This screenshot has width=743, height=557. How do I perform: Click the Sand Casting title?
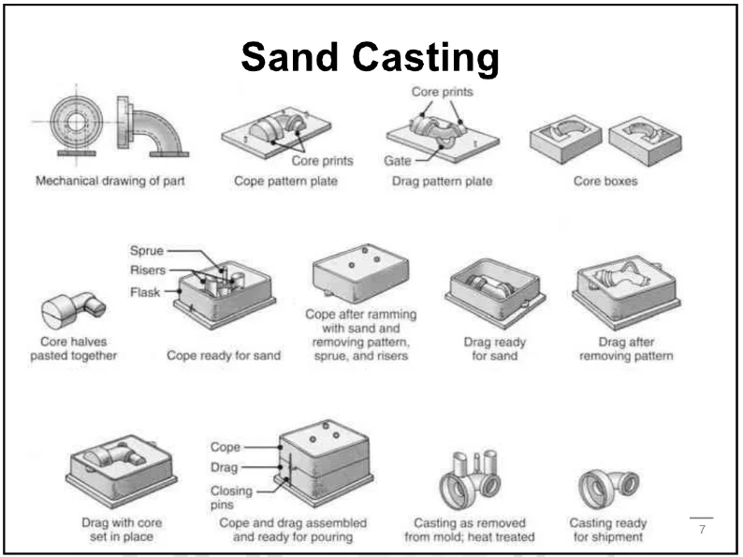pyautogui.click(x=370, y=58)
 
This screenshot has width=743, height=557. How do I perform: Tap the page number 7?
pyautogui.click(x=702, y=531)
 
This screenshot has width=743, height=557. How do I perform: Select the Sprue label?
pyautogui.click(x=146, y=251)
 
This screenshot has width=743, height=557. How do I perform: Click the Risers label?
pyautogui.click(x=149, y=271)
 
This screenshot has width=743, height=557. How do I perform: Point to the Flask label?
pyautogui.click(x=145, y=291)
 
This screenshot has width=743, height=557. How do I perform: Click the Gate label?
pyautogui.click(x=397, y=161)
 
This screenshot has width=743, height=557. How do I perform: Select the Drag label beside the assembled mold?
pyautogui.click(x=225, y=466)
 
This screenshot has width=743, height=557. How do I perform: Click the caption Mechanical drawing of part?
pyautogui.click(x=110, y=181)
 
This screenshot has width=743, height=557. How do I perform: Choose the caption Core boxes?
pyautogui.click(x=605, y=181)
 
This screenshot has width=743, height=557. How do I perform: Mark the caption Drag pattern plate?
pyautogui.click(x=442, y=181)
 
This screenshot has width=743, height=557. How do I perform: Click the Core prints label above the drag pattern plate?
pyautogui.click(x=442, y=92)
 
